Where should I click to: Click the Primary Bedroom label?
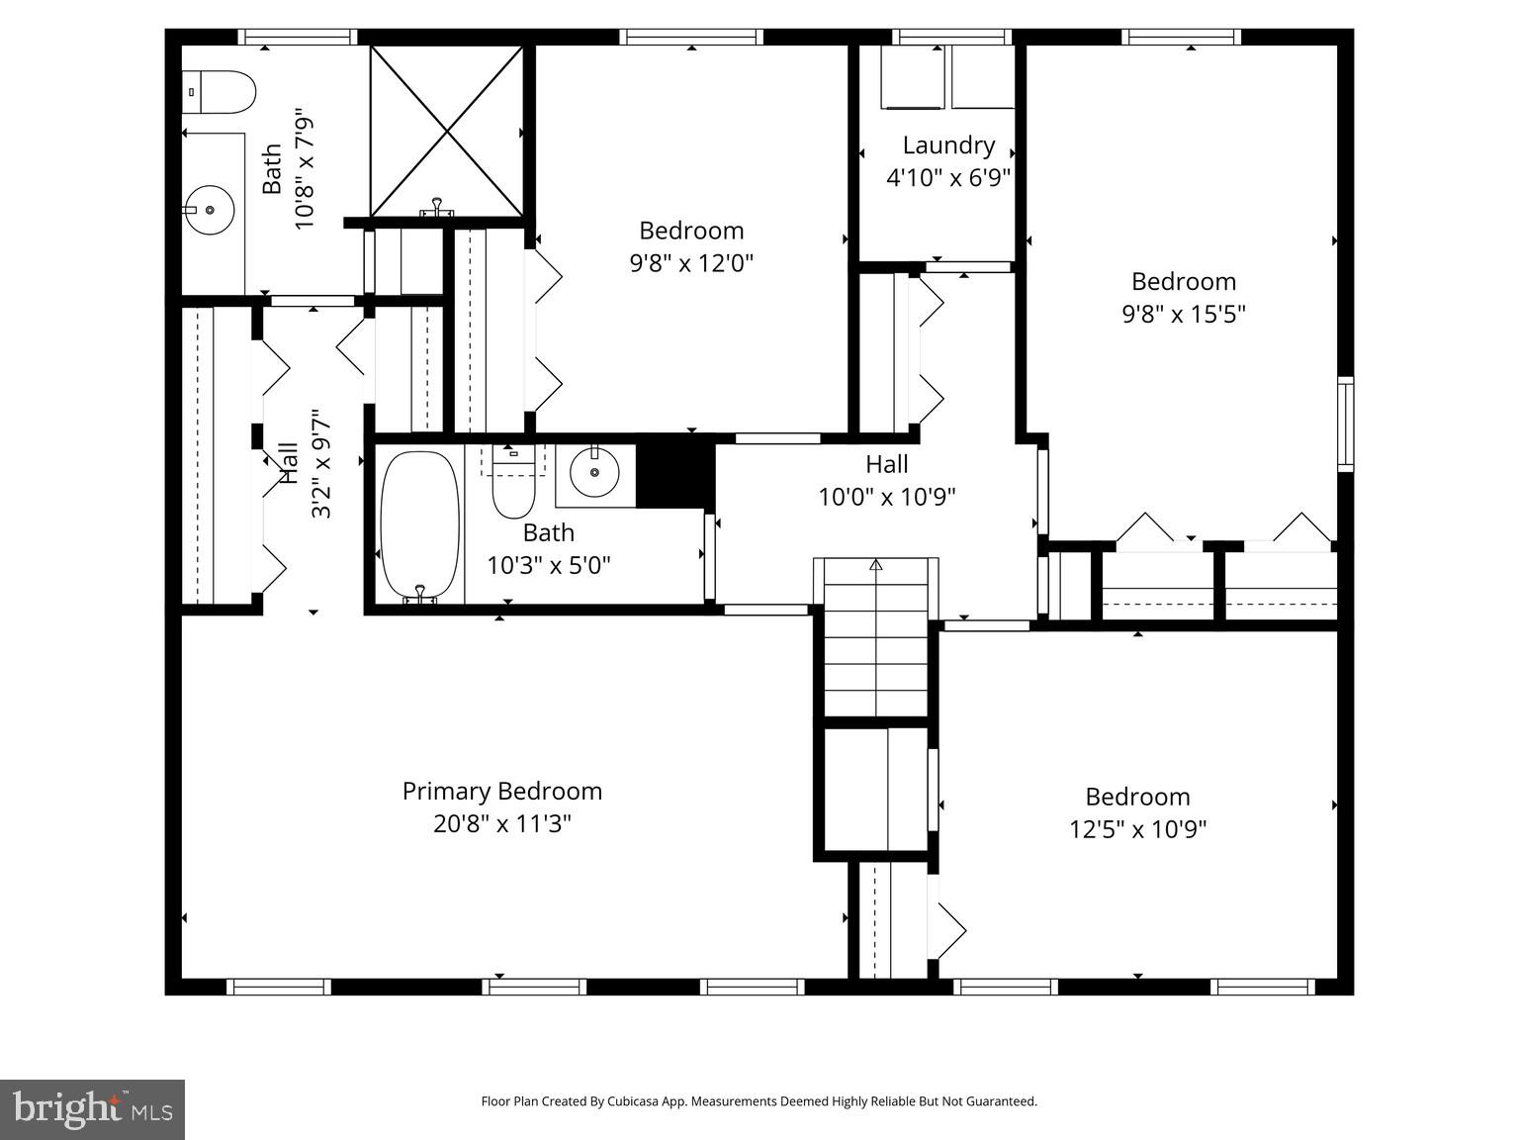[501, 791]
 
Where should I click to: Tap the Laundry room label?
[948, 145]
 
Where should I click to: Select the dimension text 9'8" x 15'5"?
[1183, 314]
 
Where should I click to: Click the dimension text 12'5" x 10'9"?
[1137, 828]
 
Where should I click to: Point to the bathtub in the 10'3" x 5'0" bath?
[420, 525]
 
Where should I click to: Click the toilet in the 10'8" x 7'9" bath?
[219, 92]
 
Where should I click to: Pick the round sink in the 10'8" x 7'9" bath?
[210, 210]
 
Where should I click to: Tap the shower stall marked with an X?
[446, 131]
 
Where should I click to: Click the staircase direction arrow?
[875, 565]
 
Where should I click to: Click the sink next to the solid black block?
[595, 473]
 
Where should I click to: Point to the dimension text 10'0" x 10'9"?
[886, 496]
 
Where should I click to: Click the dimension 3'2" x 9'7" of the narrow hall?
[321, 464]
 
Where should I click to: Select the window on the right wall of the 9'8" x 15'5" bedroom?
[1345, 424]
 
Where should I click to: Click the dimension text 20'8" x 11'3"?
[501, 823]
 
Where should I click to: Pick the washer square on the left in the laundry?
[913, 77]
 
